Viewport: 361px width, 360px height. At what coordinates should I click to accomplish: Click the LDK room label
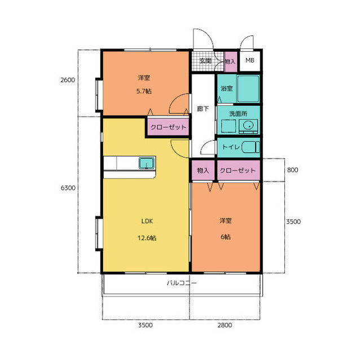[x=147, y=221]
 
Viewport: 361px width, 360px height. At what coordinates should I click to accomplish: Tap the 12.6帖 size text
[x=147, y=238]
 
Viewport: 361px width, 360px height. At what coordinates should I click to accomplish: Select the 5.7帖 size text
[x=144, y=91]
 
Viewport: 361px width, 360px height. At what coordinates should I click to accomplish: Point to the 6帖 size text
[x=226, y=237]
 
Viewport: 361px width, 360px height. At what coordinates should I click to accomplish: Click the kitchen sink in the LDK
[x=147, y=163]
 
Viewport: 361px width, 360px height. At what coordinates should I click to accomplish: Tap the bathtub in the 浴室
[x=248, y=89]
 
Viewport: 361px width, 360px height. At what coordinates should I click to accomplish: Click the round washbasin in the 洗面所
[x=248, y=125]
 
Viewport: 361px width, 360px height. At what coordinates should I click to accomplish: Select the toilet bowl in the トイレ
[x=250, y=147]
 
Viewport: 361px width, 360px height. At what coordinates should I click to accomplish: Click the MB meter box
[x=250, y=61]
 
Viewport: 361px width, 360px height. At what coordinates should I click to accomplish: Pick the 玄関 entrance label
[x=205, y=61]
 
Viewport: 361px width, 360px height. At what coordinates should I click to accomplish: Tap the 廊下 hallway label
[x=203, y=109]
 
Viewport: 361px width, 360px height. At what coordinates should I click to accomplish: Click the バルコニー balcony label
[x=182, y=283]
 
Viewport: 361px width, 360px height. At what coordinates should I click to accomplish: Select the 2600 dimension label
[x=68, y=80]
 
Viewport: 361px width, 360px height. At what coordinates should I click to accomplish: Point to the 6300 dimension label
[x=68, y=188]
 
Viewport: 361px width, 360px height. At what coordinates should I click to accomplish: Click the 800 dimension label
[x=292, y=170]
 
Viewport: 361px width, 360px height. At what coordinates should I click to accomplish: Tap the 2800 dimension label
[x=224, y=325]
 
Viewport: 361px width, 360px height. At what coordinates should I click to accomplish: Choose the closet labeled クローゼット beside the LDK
[x=168, y=127]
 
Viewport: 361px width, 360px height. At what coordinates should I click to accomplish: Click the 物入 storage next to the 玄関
[x=230, y=61]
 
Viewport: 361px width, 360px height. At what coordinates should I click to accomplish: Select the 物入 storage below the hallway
[x=203, y=170]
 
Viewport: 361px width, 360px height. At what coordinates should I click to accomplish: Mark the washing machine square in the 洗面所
[x=228, y=126]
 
